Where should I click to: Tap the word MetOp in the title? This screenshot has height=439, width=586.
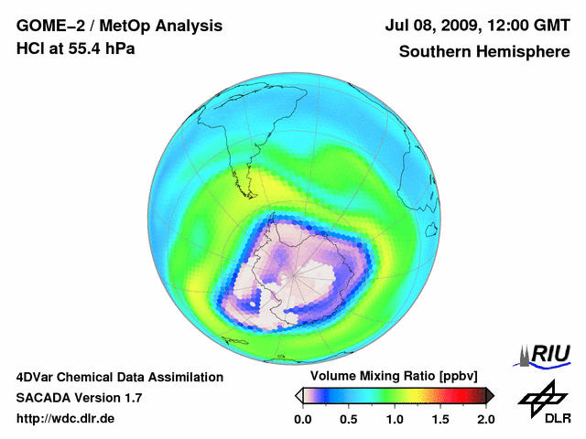click(117, 27)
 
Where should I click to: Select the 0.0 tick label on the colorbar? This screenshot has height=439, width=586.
click(302, 419)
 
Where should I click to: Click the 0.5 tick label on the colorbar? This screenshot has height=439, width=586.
click(348, 419)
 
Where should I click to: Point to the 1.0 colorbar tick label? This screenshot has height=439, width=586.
click(394, 419)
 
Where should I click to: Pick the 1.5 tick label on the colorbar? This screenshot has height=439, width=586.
click(439, 419)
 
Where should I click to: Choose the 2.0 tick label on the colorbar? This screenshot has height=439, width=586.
click(485, 419)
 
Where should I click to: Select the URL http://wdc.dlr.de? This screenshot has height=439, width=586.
click(65, 419)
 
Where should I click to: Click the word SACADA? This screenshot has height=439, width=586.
click(45, 398)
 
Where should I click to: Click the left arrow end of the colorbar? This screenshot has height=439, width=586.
click(298, 395)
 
